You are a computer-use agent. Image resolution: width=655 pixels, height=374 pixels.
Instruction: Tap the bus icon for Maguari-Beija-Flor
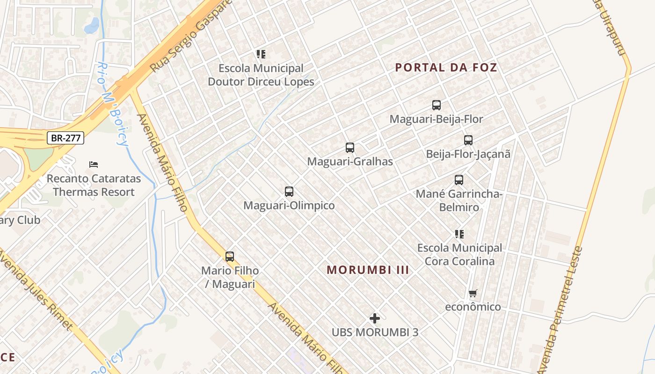point(437,105)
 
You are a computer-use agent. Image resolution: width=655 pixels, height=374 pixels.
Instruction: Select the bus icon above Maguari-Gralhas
point(350,148)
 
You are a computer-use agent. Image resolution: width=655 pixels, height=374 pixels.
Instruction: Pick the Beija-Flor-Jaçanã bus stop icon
point(468,140)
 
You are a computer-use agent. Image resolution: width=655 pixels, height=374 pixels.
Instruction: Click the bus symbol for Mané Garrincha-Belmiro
point(459,180)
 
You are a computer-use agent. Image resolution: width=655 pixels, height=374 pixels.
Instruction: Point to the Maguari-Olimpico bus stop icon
point(289,191)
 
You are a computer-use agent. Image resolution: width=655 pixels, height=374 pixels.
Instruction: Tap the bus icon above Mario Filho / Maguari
point(230,256)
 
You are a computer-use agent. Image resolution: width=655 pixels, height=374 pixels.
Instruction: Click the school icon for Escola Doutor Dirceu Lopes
point(261,54)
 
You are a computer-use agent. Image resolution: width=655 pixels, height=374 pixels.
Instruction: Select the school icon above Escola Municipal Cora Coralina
point(459,234)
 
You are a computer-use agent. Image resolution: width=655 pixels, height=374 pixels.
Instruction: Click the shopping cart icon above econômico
point(473,293)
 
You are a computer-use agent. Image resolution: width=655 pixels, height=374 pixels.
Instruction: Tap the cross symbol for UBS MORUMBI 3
point(375,318)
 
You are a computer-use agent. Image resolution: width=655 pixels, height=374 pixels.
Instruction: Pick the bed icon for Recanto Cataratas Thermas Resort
point(94,165)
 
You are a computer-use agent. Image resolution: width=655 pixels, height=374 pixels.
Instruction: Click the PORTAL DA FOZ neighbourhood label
point(446,67)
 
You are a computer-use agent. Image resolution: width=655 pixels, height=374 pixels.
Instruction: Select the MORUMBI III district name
point(368,270)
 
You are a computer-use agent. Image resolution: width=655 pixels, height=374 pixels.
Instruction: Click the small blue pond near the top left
point(92,25)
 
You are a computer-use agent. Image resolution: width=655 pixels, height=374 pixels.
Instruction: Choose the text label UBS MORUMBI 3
point(375,332)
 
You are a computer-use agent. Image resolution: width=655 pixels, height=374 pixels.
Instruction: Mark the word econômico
point(473,307)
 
